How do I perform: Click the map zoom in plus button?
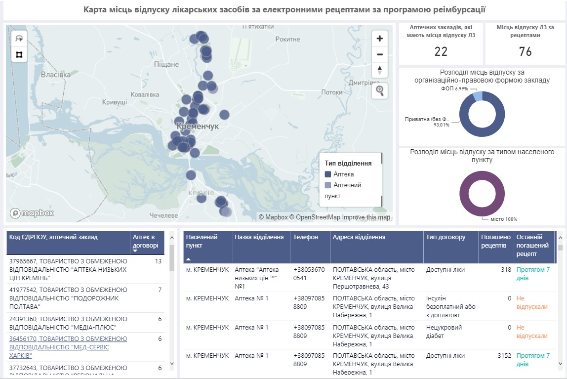[x=379, y=39]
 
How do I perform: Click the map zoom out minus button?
[x=379, y=54]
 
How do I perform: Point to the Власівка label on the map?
[x=55, y=75]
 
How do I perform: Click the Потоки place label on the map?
[x=331, y=92]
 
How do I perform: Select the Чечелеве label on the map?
[x=163, y=215]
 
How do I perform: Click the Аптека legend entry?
[x=343, y=174]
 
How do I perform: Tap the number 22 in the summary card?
[x=441, y=51]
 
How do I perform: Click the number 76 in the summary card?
[x=525, y=51]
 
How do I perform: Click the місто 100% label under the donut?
[x=503, y=219]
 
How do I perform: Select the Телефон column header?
[x=306, y=237]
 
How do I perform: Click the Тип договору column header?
[x=445, y=237]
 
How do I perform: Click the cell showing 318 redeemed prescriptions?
[x=505, y=270]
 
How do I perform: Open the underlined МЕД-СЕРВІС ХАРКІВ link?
[x=68, y=347]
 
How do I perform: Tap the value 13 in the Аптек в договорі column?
[x=158, y=261]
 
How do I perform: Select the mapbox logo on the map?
[x=32, y=213]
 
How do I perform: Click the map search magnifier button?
[x=379, y=90]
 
